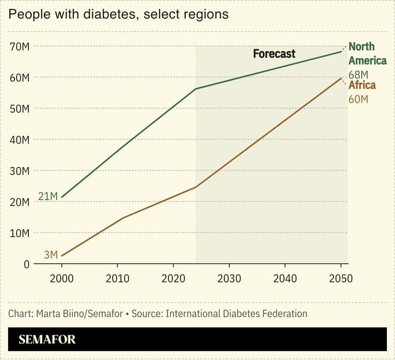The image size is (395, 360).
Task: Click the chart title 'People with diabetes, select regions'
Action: coord(118,14)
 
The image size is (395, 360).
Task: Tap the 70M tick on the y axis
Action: coord(19,46)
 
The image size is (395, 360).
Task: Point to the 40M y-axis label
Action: coord(19,140)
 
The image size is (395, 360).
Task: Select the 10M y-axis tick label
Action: coord(19,233)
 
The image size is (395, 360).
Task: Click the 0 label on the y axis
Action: coord(26,264)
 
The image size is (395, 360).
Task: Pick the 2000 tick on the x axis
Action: coord(61,279)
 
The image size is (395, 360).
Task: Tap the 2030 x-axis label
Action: coord(229,279)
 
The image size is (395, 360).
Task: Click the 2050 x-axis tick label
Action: coord(340,279)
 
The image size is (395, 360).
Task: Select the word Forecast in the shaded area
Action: coord(274,54)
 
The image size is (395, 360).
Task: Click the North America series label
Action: coord(367,54)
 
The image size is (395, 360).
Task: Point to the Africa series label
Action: coord(362,85)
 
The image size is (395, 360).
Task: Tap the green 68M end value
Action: coord(358,74)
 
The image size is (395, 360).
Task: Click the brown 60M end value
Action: coord(358,99)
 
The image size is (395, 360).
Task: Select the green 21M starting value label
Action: coord(48,197)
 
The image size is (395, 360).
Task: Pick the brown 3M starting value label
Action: coord(51,255)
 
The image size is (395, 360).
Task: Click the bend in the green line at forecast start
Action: coord(196,89)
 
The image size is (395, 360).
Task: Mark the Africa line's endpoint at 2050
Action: coord(341,79)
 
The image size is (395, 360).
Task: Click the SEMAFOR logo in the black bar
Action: coord(47,340)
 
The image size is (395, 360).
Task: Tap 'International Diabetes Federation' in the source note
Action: coord(236,314)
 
